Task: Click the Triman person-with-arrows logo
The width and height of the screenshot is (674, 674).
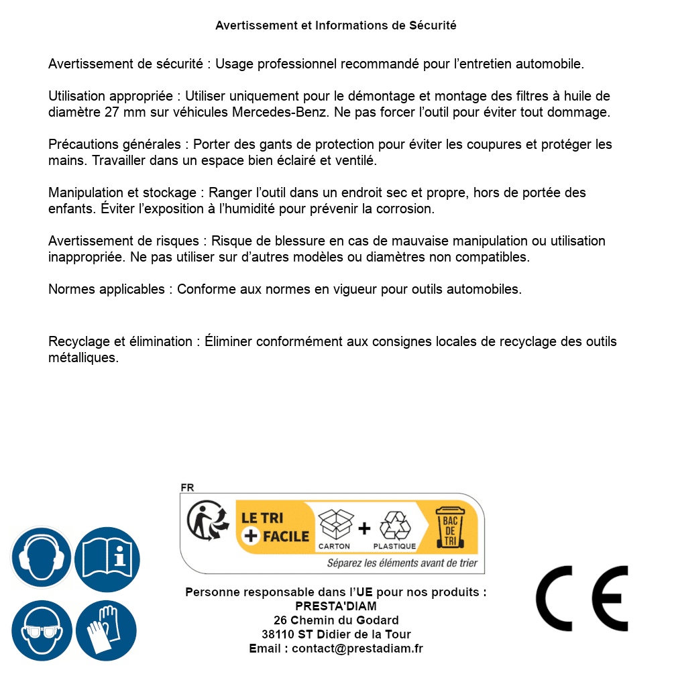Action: point(206,522)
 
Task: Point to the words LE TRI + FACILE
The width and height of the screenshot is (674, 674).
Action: point(275,527)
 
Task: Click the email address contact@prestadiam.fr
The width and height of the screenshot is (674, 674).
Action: point(357,649)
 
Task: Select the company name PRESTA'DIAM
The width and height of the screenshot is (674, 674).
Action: point(336,606)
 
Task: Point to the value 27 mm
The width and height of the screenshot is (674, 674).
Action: point(124,113)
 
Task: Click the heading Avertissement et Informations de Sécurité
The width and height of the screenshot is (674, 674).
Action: point(336,25)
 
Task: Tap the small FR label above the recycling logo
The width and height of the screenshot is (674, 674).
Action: point(187,488)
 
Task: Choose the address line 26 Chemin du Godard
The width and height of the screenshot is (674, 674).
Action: point(336,620)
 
